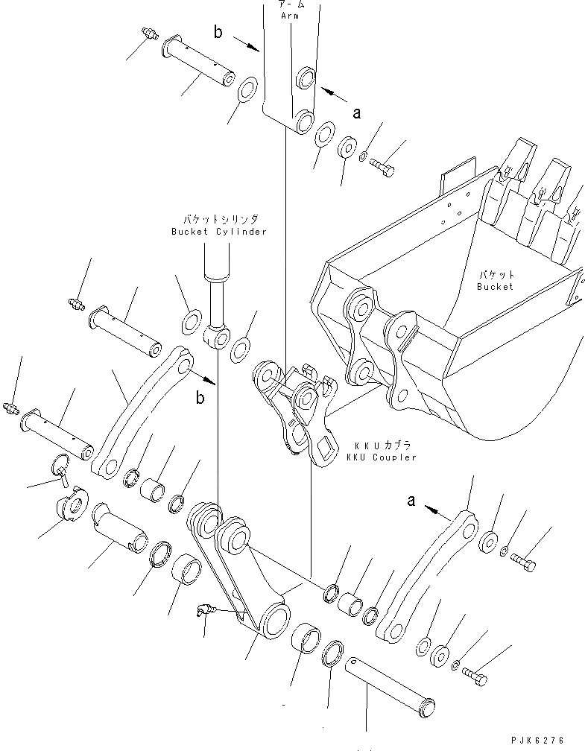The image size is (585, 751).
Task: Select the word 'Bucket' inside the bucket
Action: click(496, 286)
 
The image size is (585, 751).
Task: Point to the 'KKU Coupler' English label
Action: click(382, 457)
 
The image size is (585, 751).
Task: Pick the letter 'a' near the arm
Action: click(357, 113)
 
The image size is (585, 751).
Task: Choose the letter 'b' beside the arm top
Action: click(218, 32)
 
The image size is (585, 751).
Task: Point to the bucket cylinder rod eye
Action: click(217, 340)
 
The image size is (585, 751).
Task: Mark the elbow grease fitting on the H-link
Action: click(203, 611)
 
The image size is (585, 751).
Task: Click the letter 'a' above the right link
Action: click(411, 501)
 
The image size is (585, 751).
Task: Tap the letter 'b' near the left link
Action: click(200, 398)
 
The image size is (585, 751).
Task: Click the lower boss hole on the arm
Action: click(304, 121)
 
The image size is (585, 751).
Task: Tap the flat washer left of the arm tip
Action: click(248, 92)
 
